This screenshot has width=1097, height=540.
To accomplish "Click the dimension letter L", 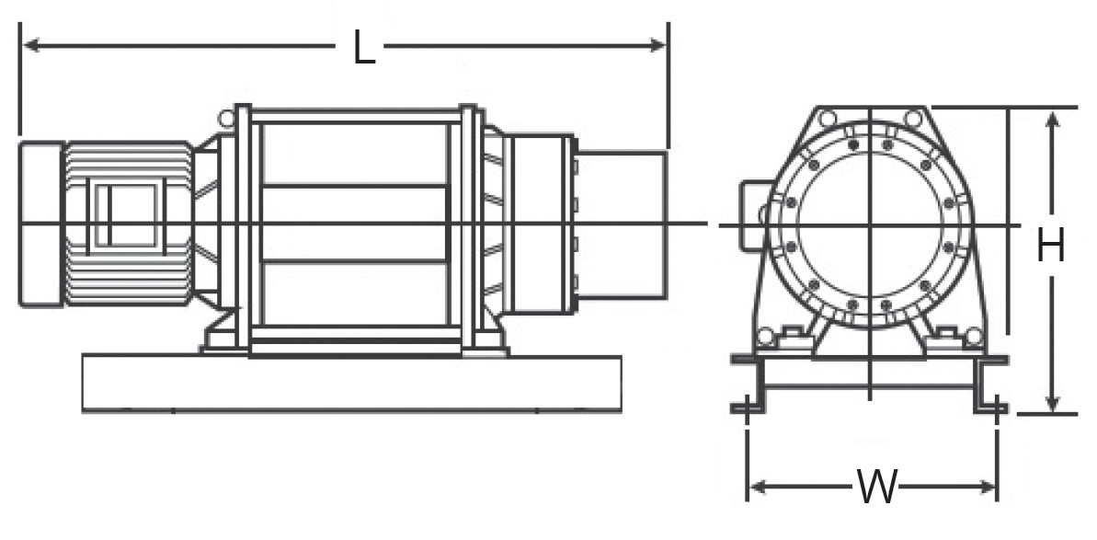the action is coord(364,49).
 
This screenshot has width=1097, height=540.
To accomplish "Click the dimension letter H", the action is coord(1050,246).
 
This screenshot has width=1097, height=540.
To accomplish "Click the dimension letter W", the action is coord(876,487).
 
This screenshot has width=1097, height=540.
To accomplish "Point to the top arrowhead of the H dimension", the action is coord(1053,121).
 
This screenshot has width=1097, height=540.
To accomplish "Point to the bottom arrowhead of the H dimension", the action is coord(1052,401).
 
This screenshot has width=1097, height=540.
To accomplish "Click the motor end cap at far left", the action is coord(41,224).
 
